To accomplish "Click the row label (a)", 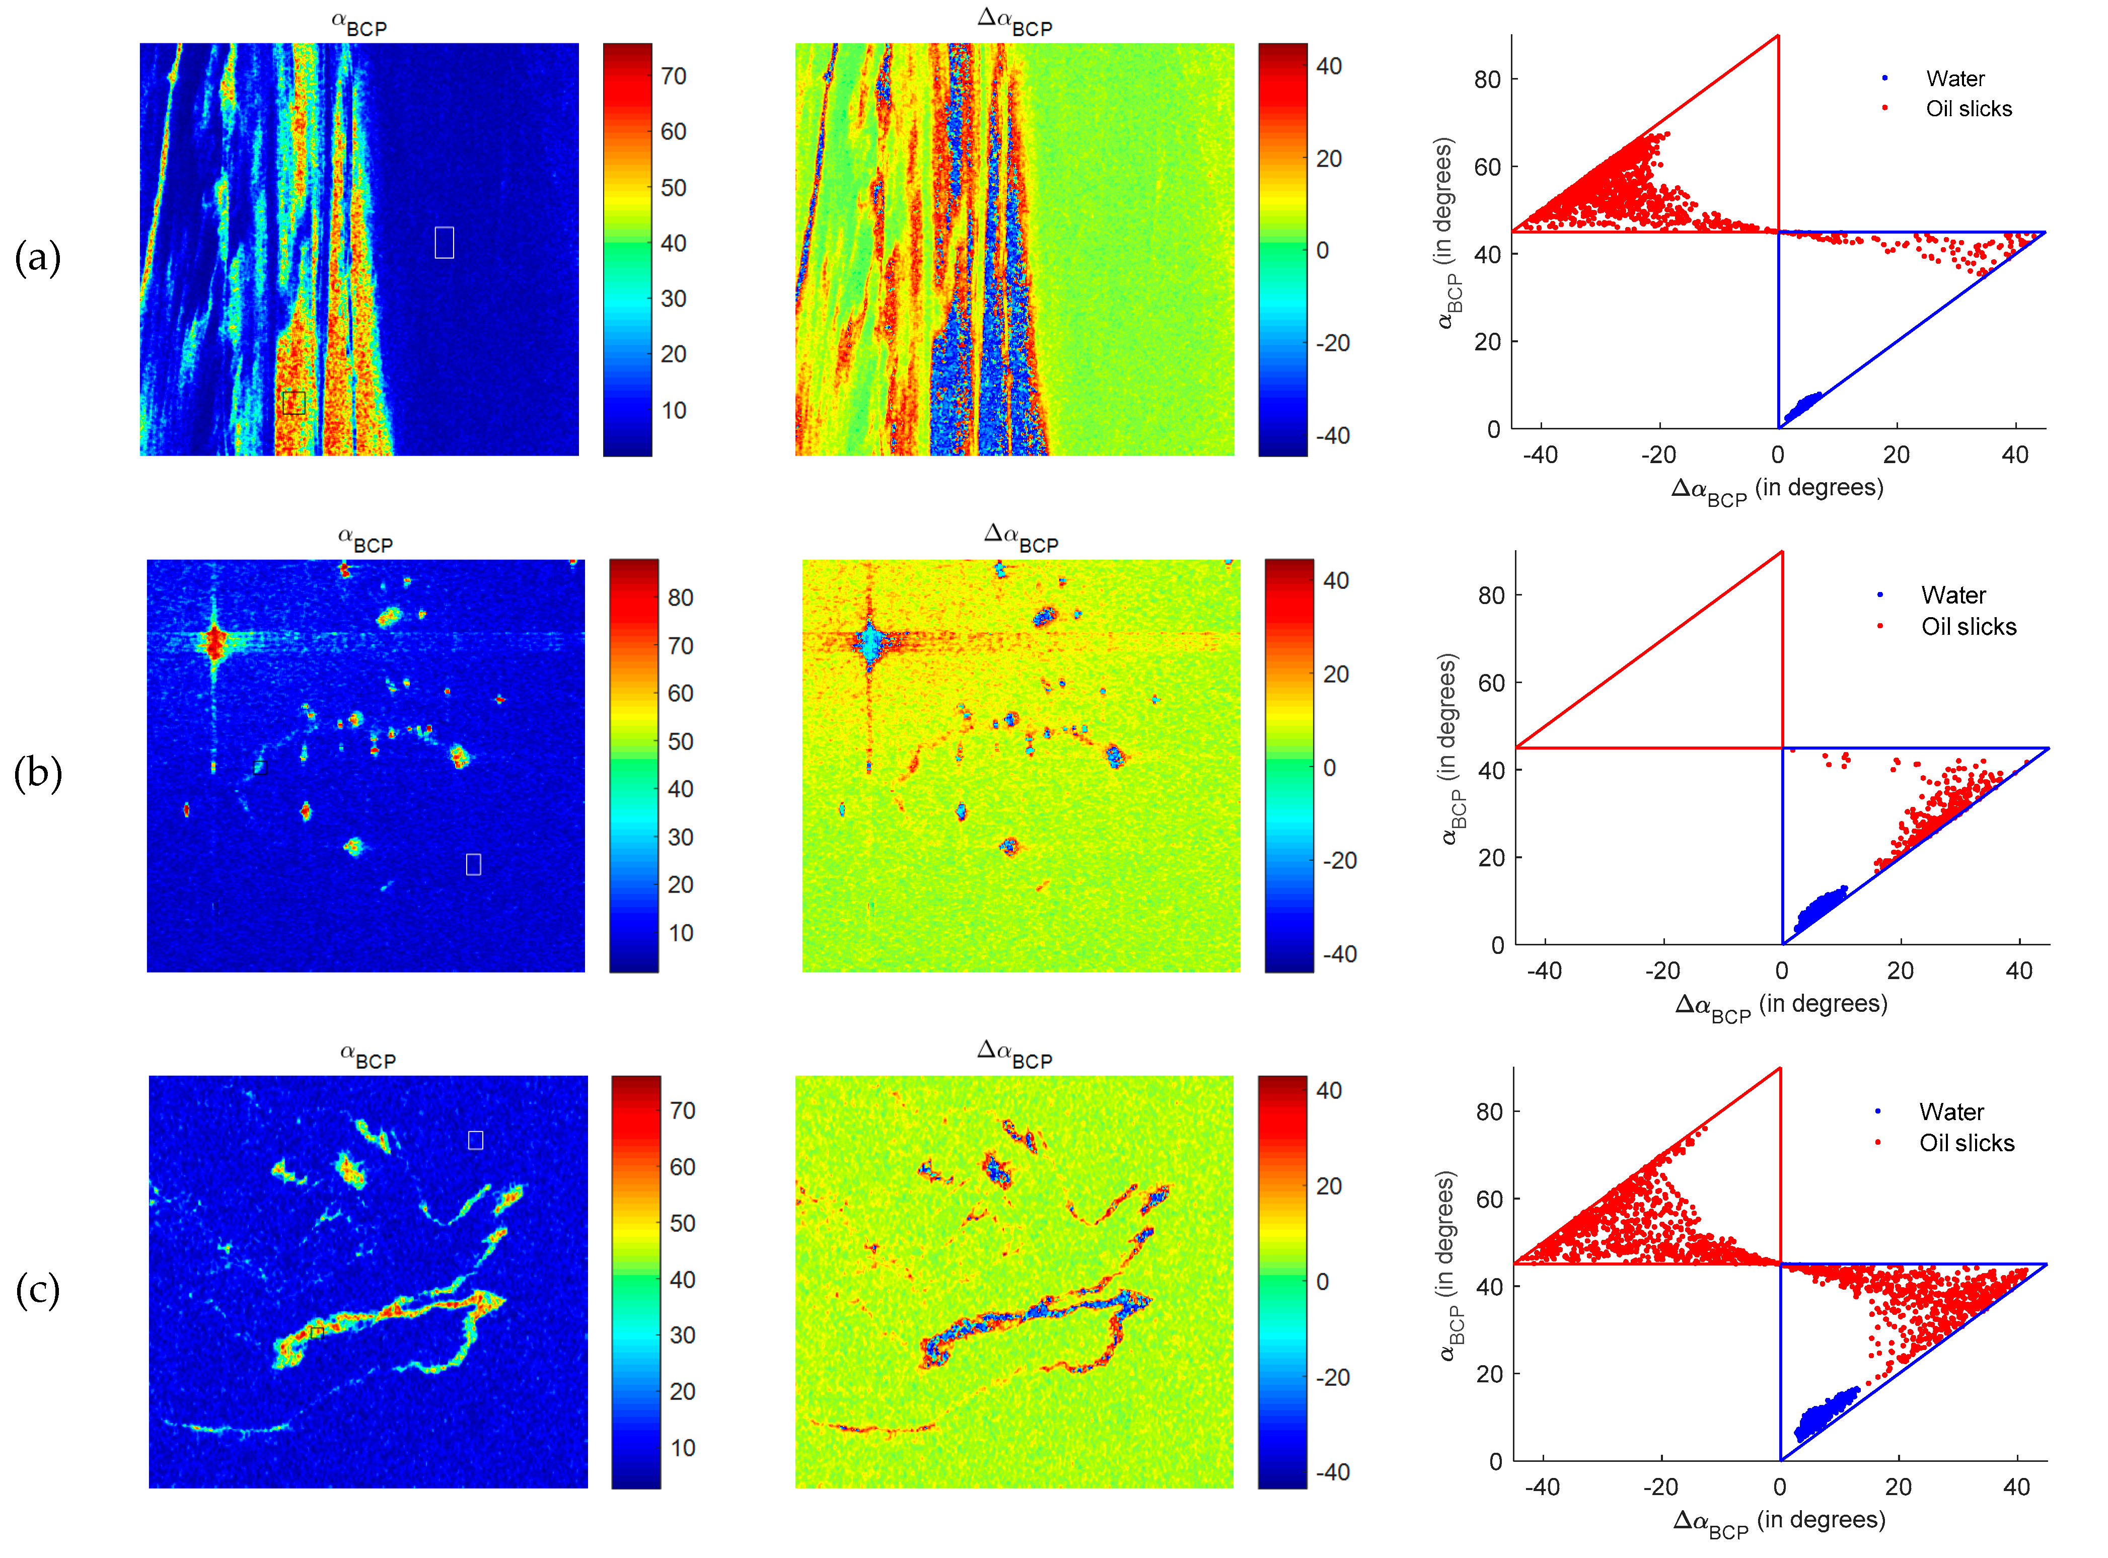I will (38, 257).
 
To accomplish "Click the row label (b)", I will (38, 773).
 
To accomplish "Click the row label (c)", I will (38, 1289).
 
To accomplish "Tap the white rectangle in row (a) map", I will (444, 242).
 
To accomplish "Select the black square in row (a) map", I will (294, 403).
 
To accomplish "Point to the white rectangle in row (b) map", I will (473, 864).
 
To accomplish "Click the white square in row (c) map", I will (475, 1140).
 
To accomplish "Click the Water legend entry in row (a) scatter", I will (1954, 78).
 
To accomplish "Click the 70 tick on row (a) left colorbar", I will (674, 77).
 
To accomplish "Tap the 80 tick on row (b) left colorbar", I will (680, 598).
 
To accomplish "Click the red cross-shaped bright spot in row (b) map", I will (215, 644).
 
